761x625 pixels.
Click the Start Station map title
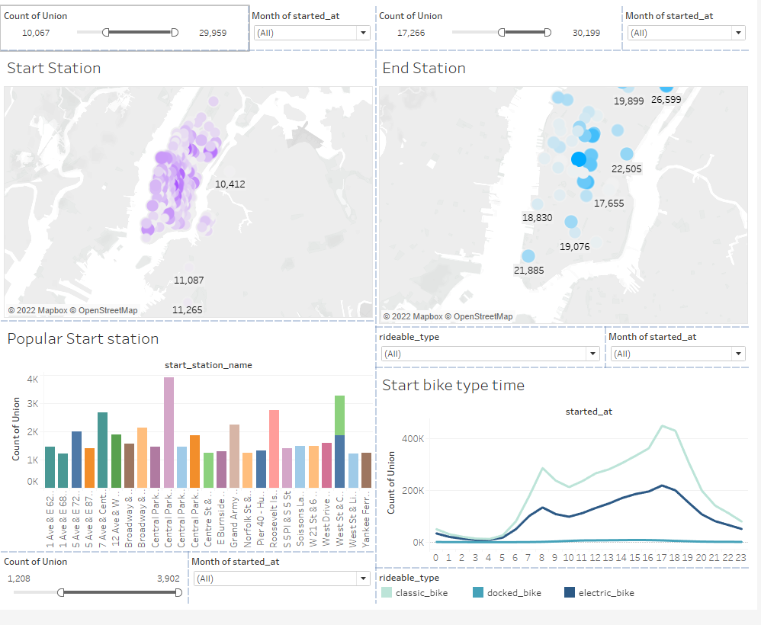point(54,69)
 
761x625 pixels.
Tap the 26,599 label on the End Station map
point(666,99)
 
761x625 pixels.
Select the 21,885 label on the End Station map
point(528,270)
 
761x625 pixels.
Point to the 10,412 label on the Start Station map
point(230,184)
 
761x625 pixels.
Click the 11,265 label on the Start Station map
point(188,309)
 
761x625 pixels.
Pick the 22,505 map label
point(627,169)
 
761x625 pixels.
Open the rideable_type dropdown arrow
point(592,354)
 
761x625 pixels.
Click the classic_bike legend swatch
point(387,592)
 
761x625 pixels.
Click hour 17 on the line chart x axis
point(661,557)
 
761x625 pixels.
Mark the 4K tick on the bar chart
point(32,379)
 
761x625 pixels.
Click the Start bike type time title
point(453,386)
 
